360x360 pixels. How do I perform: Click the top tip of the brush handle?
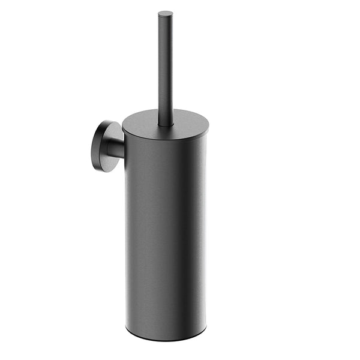pos(166,13)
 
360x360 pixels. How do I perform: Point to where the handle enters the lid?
pos(166,124)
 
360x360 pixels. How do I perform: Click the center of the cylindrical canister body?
pos(166,234)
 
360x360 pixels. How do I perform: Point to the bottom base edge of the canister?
pos(166,339)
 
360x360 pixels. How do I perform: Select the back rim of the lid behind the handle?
pos(166,111)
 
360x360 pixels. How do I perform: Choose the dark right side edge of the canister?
pos(204,234)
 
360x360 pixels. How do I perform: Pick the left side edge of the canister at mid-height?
pos(127,234)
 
